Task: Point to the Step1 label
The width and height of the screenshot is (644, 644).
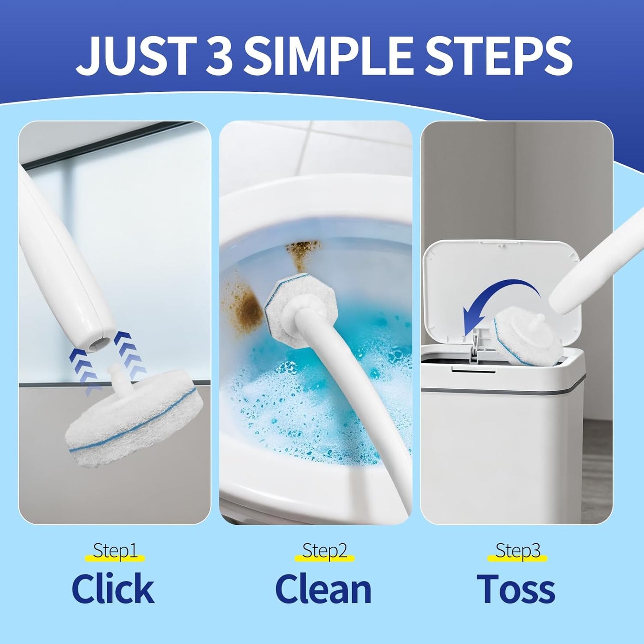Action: pyautogui.click(x=115, y=551)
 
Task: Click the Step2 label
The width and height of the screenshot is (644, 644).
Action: pyautogui.click(x=324, y=551)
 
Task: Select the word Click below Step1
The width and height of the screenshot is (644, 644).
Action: pyautogui.click(x=113, y=588)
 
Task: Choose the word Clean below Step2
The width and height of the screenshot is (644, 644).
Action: pyautogui.click(x=324, y=588)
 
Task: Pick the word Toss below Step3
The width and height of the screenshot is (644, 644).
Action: pyautogui.click(x=516, y=588)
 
